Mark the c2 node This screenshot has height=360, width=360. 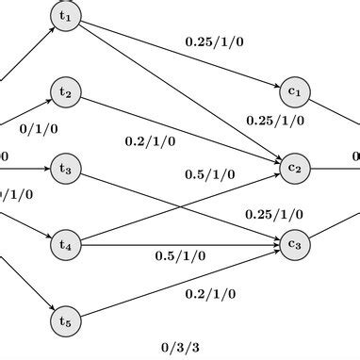click(295, 169)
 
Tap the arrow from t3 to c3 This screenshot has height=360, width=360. click(179, 207)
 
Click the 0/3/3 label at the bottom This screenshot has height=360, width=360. click(179, 347)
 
